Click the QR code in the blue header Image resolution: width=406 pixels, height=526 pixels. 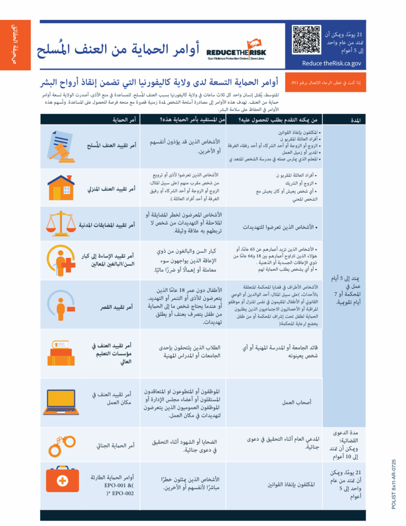306,40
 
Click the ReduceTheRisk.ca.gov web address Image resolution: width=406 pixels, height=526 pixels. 332,64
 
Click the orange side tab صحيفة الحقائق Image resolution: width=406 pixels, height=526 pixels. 15,47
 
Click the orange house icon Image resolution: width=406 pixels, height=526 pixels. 62,187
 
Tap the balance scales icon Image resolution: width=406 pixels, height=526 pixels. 61,224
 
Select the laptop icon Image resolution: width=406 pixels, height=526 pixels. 61,402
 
